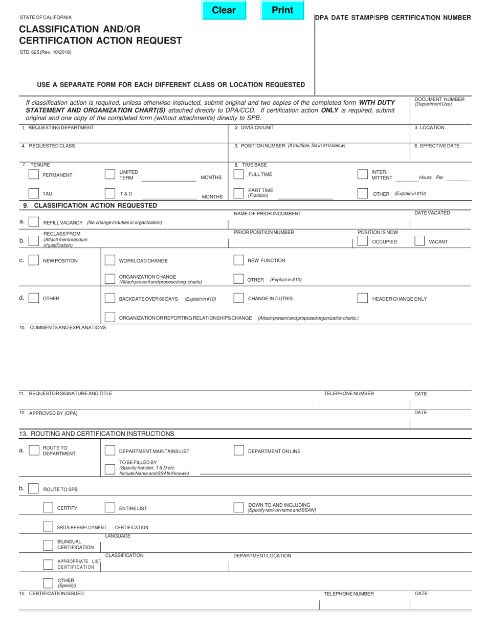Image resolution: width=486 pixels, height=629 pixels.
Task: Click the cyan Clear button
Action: click(224, 10)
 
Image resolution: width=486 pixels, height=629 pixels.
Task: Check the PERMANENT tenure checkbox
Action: click(34, 174)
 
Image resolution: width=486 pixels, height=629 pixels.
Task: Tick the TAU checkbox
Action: click(34, 193)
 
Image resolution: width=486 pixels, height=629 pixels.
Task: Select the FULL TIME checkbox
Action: click(238, 174)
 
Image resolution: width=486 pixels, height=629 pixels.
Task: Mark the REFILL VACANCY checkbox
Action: click(34, 222)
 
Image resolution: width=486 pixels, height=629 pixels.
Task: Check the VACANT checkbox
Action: click(419, 241)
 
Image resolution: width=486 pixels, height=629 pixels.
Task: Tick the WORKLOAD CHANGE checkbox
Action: click(109, 260)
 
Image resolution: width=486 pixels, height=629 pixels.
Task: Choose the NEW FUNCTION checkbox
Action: click(238, 260)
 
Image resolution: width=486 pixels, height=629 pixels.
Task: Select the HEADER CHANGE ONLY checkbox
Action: click(362, 298)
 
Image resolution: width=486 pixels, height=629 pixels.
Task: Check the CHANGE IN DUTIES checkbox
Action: click(238, 298)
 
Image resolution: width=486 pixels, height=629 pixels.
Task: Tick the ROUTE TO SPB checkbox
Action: click(33, 489)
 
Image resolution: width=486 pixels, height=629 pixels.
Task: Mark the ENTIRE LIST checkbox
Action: click(109, 508)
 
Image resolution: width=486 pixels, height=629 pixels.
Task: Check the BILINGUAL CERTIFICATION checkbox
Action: click(48, 546)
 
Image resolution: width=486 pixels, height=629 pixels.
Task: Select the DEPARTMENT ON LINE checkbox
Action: click(239, 451)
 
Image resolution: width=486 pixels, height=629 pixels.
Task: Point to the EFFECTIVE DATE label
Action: click(436, 146)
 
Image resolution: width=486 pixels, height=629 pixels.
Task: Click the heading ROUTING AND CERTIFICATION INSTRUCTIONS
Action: click(97, 434)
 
